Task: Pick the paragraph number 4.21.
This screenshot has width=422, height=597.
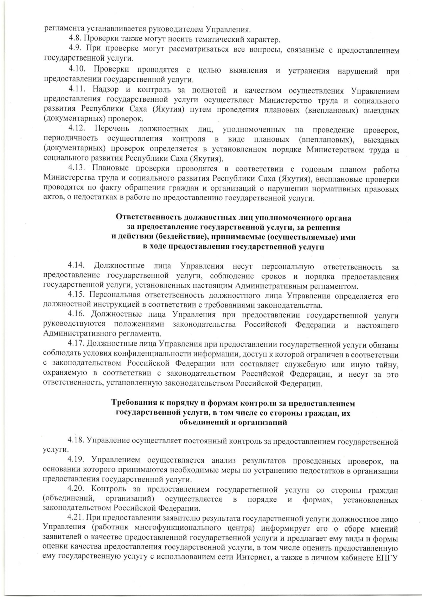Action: [x=77, y=518]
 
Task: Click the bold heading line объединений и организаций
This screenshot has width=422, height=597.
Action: [x=233, y=422]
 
